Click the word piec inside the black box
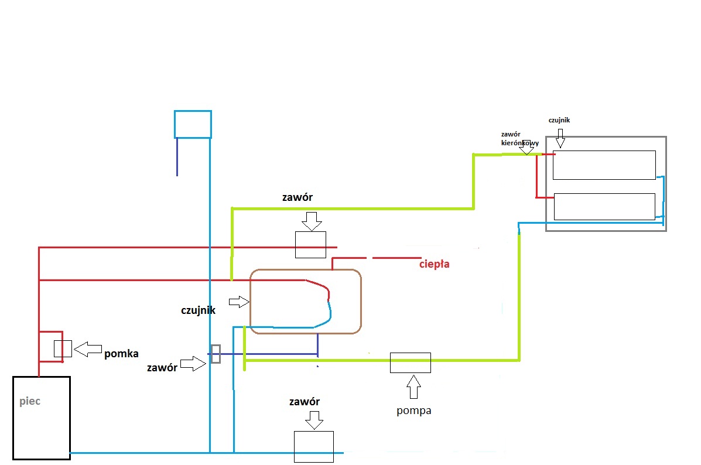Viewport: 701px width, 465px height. (30, 402)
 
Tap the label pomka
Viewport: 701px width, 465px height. (121, 354)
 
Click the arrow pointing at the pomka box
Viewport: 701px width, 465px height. (88, 349)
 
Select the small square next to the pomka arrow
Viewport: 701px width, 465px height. (63, 349)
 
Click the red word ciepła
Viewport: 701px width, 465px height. (434, 264)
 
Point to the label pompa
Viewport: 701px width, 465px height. (414, 411)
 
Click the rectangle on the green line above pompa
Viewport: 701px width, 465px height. (411, 363)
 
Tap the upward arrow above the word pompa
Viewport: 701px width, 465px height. (413, 387)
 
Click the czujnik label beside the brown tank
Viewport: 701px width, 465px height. (198, 310)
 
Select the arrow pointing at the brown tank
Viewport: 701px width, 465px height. (239, 302)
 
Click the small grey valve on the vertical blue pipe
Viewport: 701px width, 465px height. (216, 354)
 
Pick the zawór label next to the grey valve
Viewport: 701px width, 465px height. (162, 368)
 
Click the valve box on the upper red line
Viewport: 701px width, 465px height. (311, 245)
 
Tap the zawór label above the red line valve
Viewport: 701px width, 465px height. (298, 197)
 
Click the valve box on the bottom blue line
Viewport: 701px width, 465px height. (314, 447)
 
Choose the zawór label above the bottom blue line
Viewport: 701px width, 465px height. (305, 402)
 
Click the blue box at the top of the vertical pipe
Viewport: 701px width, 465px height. (193, 124)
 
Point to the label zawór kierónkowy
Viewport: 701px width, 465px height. (520, 139)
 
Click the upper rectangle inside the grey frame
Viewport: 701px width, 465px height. (604, 165)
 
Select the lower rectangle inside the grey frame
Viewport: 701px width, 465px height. (604, 207)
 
